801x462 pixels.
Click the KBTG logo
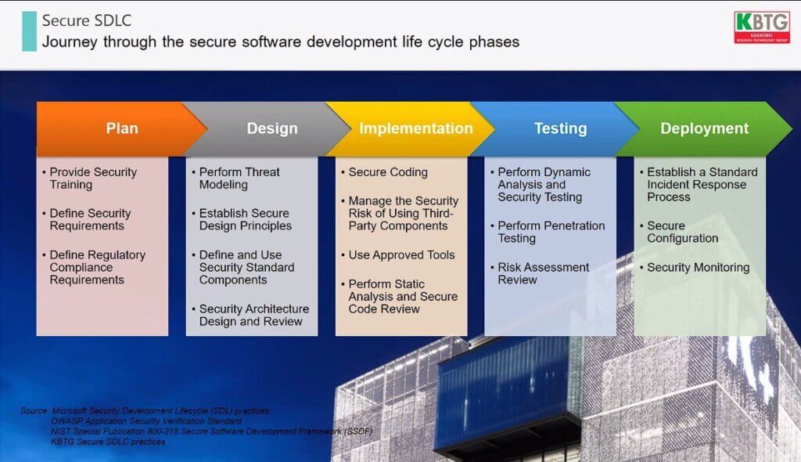pyautogui.click(x=762, y=27)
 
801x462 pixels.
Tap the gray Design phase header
pyautogui.click(x=267, y=128)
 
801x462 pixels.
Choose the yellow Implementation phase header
pyautogui.click(x=411, y=128)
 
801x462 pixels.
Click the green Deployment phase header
pyautogui.click(x=704, y=128)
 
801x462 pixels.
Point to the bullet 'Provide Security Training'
pyautogui.click(x=89, y=178)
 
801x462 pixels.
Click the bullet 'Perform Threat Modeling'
pyautogui.click(x=235, y=178)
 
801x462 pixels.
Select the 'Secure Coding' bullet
pyautogui.click(x=384, y=172)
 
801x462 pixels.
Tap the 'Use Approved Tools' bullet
pyautogui.click(x=398, y=254)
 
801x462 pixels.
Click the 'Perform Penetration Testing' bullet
pyautogui.click(x=547, y=232)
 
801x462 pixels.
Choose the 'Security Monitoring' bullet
pyautogui.click(x=695, y=267)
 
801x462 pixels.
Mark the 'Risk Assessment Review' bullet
pyautogui.click(x=540, y=273)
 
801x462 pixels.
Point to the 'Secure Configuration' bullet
pyautogui.click(x=679, y=232)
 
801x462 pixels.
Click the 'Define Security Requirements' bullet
pyautogui.click(x=86, y=219)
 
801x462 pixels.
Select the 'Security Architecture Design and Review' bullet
pyautogui.click(x=250, y=315)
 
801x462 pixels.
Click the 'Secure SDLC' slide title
pyautogui.click(x=86, y=20)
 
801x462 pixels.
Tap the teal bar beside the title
pyautogui.click(x=29, y=31)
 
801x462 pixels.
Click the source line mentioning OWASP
pyautogui.click(x=146, y=421)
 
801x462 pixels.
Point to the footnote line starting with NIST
pyautogui.click(x=211, y=431)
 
